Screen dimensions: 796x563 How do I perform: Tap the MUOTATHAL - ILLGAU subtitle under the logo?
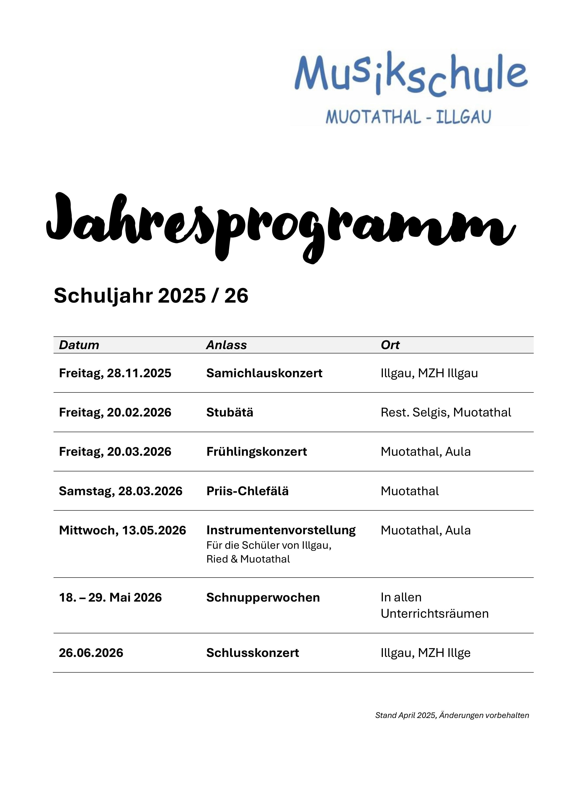(408, 117)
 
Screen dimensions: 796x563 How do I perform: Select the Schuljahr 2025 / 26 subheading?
(151, 296)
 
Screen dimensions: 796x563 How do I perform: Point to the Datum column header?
(79, 345)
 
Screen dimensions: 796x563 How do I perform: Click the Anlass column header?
(226, 345)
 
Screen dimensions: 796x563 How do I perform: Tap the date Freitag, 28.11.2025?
(115, 373)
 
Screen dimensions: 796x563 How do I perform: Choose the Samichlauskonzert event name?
(264, 373)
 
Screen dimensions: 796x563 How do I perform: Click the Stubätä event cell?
(230, 412)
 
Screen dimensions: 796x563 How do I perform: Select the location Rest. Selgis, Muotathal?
(446, 412)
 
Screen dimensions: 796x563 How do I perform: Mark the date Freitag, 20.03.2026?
(115, 451)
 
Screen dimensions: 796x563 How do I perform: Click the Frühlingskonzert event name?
(257, 451)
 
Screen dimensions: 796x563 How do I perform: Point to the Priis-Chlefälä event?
(247, 491)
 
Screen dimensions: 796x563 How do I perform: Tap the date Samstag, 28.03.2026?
(121, 491)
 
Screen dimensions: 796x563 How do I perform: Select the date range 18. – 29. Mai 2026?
(110, 597)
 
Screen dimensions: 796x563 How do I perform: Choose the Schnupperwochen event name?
(263, 597)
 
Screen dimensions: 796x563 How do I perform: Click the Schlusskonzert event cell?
(253, 653)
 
